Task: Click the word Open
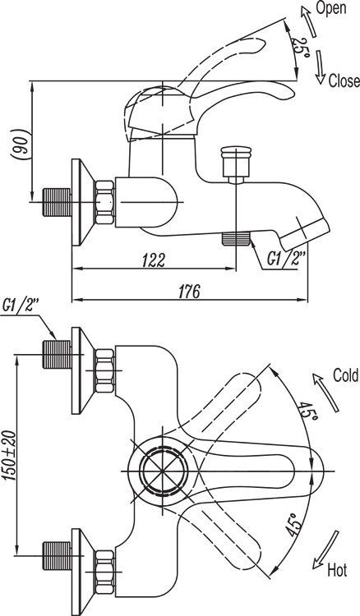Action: tap(330, 10)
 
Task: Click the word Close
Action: tap(344, 81)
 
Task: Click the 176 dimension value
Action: tap(189, 291)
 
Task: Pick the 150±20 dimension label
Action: tap(10, 460)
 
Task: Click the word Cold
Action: tap(345, 375)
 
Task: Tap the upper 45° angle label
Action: tap(308, 411)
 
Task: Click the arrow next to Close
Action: tap(320, 67)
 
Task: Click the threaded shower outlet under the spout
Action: tap(236, 240)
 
